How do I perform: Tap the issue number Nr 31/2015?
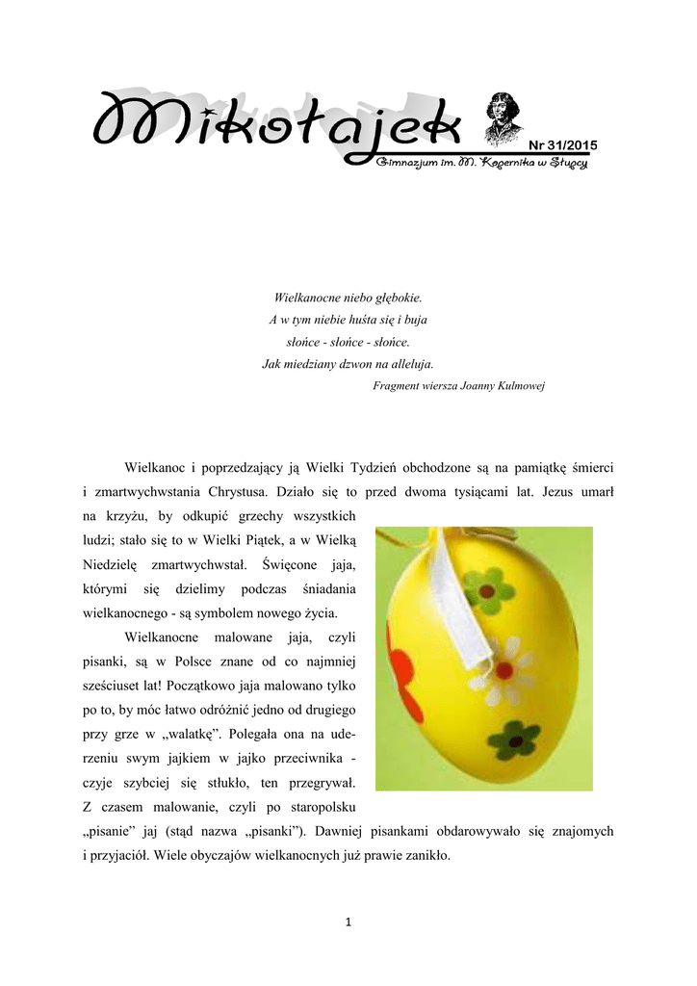click(562, 145)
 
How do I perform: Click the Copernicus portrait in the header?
click(503, 116)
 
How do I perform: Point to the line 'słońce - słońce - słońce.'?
click(348, 342)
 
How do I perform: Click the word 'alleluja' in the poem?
click(413, 364)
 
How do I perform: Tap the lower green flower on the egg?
click(512, 739)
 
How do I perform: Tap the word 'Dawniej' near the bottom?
click(421, 830)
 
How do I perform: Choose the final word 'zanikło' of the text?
click(426, 854)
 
